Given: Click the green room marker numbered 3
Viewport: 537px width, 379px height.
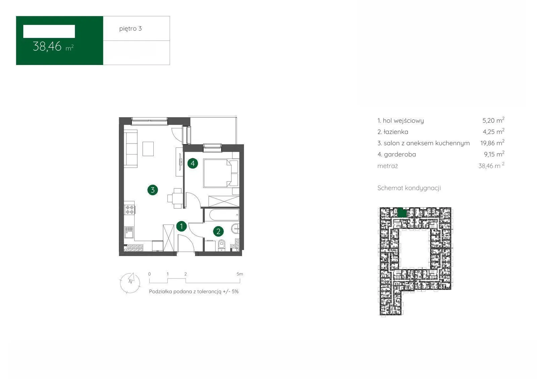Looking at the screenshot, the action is pos(153,190).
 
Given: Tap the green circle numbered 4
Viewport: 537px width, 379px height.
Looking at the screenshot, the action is pos(193,163).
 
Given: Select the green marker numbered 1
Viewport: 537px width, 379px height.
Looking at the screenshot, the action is pos(182,226).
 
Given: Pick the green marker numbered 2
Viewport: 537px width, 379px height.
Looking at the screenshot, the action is pos(218,231).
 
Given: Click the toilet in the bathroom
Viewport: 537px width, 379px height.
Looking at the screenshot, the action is pos(222,245).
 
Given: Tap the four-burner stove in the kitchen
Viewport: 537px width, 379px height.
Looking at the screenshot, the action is pos(130,210).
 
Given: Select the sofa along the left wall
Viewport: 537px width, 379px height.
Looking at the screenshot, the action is pos(131,148).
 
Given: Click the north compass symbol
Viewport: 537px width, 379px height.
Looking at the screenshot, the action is pos(130,283).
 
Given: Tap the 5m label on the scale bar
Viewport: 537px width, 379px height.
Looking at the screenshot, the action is pos(240,274).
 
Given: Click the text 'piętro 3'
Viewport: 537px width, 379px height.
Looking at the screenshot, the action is pos(131,29).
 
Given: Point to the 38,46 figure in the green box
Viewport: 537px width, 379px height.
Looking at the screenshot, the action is pos(47,47).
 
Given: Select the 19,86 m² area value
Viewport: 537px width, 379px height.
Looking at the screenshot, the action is pos(492,143).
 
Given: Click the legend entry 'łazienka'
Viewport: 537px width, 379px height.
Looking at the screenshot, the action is pos(393,132).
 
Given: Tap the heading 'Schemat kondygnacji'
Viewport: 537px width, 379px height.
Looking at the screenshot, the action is pos(409,188).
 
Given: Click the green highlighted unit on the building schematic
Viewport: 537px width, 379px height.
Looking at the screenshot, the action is pos(402,212).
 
